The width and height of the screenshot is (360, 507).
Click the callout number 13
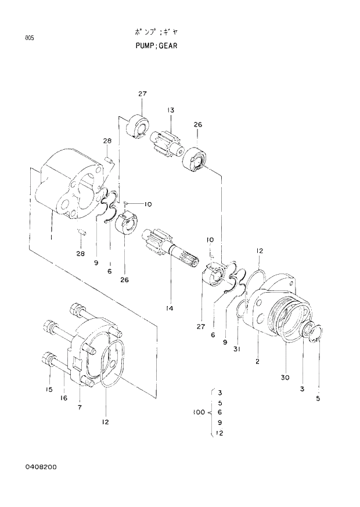171,110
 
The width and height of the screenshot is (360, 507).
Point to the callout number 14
169,308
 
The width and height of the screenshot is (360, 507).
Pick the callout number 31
236,348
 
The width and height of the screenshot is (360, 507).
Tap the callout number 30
285,377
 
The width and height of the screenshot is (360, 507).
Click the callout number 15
49,389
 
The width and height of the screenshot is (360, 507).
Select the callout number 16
64,398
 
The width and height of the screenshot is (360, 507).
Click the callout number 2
257,362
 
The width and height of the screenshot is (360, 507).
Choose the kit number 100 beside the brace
199,412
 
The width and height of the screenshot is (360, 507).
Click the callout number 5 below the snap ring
318,398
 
